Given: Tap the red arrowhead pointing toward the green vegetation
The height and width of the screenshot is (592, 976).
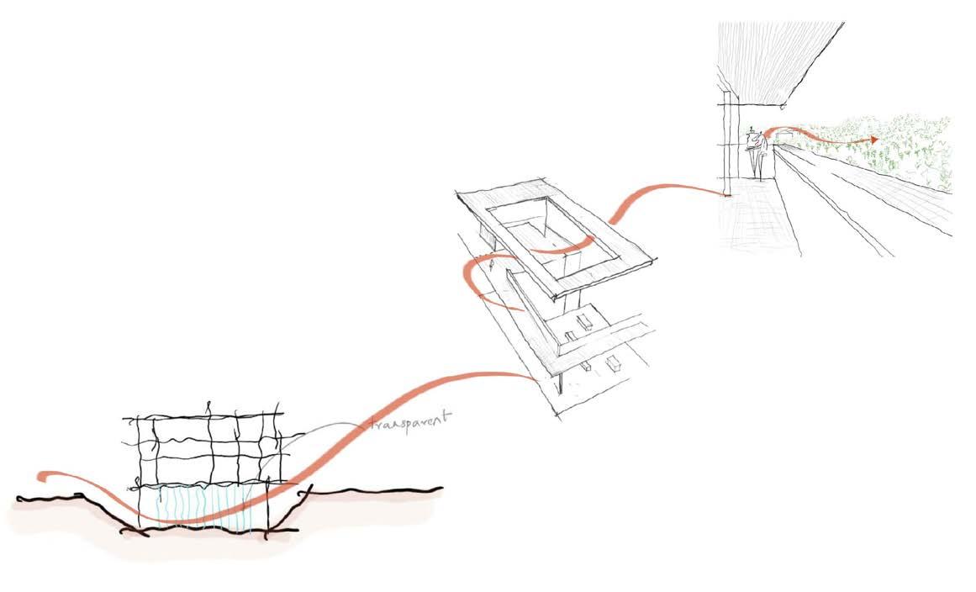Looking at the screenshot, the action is coord(874,139).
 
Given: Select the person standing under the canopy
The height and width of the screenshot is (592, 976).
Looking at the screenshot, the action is coord(760,151).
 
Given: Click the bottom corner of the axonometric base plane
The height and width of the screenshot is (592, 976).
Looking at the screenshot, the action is coord(557,413).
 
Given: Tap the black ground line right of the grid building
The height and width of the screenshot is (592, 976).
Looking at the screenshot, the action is coord(370,490).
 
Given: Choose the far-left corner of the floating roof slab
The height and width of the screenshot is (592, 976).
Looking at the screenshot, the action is coord(458,195).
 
